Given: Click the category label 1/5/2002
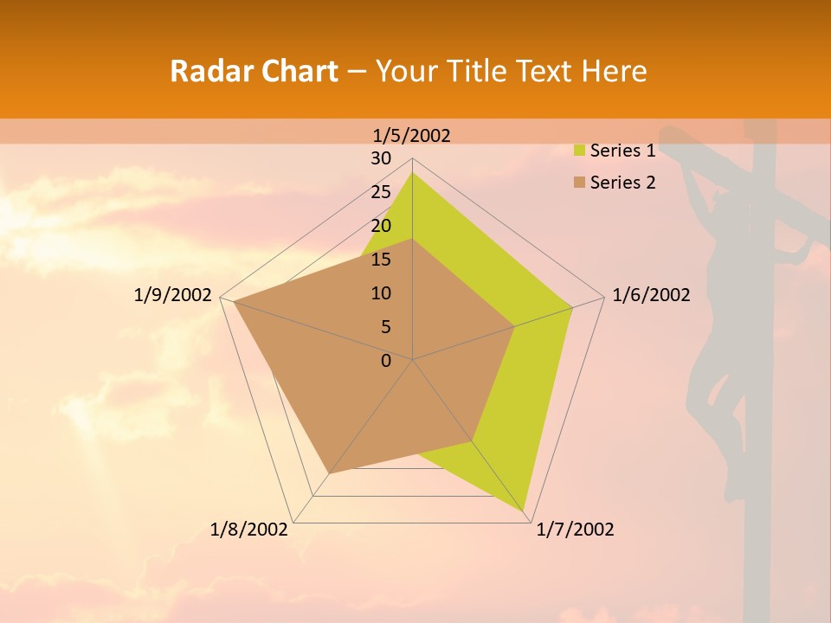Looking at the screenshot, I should tap(411, 135).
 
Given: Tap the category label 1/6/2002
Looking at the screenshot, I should tap(651, 295).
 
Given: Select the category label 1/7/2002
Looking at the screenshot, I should tap(575, 530).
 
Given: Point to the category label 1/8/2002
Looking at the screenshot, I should tap(249, 530).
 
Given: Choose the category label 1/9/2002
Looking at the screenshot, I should tap(172, 295).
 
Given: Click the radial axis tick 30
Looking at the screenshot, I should tap(381, 158).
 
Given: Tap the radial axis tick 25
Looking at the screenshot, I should tap(381, 192).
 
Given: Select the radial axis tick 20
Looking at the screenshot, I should tap(381, 226).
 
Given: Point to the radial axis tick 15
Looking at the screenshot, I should tap(381, 260).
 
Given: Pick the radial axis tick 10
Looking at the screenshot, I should tap(381, 293).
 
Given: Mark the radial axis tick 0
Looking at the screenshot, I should tap(386, 361).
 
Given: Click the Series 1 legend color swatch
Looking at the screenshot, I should tap(580, 151).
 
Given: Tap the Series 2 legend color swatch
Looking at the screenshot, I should tap(580, 183).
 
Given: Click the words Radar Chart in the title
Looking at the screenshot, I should tap(254, 71).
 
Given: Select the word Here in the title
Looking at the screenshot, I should tap(614, 71).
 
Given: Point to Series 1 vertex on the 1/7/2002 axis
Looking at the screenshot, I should tap(525, 511).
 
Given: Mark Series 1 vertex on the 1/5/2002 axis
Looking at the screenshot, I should tap(412, 172).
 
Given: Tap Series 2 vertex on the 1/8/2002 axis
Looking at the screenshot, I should tap(330, 473).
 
